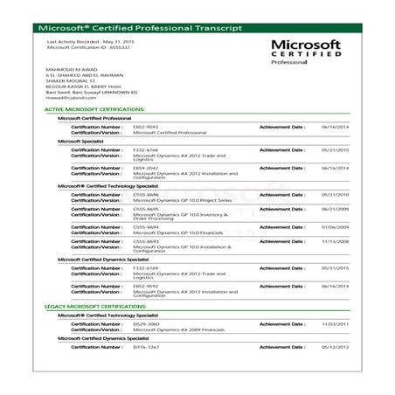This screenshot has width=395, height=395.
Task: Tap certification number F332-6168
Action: [x=145, y=149]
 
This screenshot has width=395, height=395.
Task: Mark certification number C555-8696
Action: [x=145, y=195]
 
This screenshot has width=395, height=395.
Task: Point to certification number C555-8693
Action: [x=145, y=241]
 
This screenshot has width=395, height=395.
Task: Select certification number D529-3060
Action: [x=145, y=324]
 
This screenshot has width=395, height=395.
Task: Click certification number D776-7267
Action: [x=145, y=347]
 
